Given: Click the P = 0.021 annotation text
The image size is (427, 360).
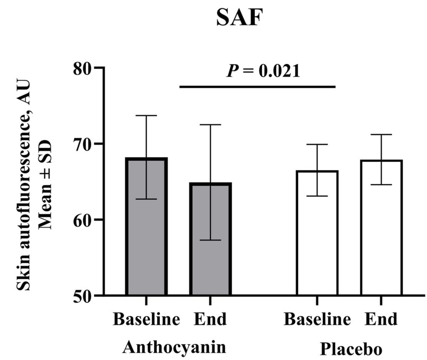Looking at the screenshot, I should coord(263,71).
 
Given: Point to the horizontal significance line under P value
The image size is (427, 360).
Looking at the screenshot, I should coord(257,87).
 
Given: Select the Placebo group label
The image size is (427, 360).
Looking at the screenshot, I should coord(351,348).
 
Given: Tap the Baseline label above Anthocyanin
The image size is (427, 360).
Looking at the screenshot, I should coord(146,320).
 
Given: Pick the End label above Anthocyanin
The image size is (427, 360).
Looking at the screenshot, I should coord(211,320).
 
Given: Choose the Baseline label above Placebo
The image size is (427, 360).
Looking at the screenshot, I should coord(317,320).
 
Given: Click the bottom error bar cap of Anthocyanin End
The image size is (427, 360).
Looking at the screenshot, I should coord(211,240).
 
